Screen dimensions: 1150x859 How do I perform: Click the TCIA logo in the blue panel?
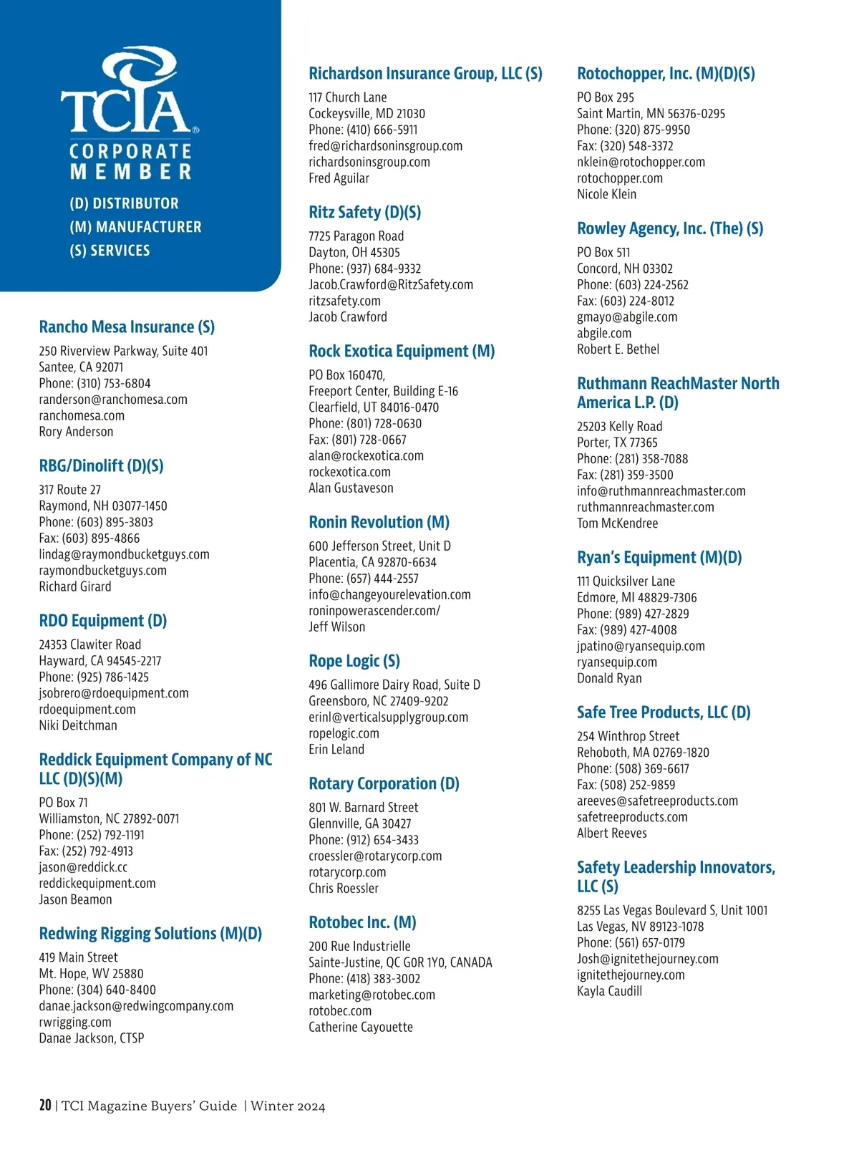[129, 93]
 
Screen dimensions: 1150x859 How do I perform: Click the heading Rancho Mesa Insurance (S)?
[127, 327]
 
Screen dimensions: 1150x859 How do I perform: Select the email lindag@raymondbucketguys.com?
[124, 554]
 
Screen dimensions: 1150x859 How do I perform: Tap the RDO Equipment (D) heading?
[102, 621]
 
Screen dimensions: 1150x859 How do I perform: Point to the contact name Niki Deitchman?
[78, 725]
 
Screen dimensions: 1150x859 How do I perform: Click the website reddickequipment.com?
[97, 883]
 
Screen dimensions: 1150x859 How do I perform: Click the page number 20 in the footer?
[45, 1105]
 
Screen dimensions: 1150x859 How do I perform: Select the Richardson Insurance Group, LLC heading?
[425, 74]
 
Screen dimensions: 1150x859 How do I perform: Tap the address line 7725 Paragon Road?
[356, 236]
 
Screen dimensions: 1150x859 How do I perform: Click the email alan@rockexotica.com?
[366, 455]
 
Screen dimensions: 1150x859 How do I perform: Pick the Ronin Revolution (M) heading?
[379, 522]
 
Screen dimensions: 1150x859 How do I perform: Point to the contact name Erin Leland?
[336, 749]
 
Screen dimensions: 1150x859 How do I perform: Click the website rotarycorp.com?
[347, 872]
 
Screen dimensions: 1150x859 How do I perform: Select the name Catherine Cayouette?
[361, 1027]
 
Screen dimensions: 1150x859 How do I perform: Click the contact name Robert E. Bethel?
[618, 349]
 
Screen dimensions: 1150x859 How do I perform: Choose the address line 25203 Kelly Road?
[619, 426]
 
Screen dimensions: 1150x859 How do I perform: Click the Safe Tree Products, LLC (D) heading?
[664, 712]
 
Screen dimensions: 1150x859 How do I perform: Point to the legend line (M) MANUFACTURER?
[135, 227]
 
